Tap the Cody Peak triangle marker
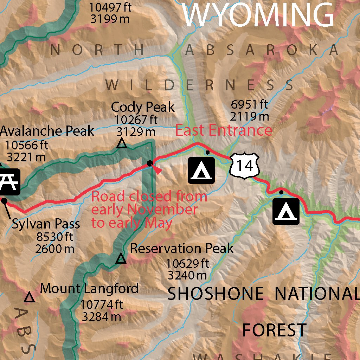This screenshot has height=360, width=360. [122, 143]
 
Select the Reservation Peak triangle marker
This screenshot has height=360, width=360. [121, 259]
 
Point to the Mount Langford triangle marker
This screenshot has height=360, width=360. [30, 298]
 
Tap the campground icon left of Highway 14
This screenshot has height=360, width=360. [201, 171]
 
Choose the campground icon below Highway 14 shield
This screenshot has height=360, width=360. [286, 211]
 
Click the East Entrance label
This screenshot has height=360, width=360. [224, 130]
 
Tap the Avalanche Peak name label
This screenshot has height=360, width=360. [47, 131]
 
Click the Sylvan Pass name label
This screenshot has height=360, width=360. [46, 224]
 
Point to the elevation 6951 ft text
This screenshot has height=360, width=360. [250, 104]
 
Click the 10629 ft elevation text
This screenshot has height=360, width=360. [188, 263]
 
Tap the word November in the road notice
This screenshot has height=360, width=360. [162, 210]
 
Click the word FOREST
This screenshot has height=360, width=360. [275, 330]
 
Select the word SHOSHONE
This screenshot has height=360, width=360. [216, 294]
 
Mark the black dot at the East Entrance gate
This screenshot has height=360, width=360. [150, 163]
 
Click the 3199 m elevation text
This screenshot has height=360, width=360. [110, 19]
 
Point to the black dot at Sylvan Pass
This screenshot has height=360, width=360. [5, 201]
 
